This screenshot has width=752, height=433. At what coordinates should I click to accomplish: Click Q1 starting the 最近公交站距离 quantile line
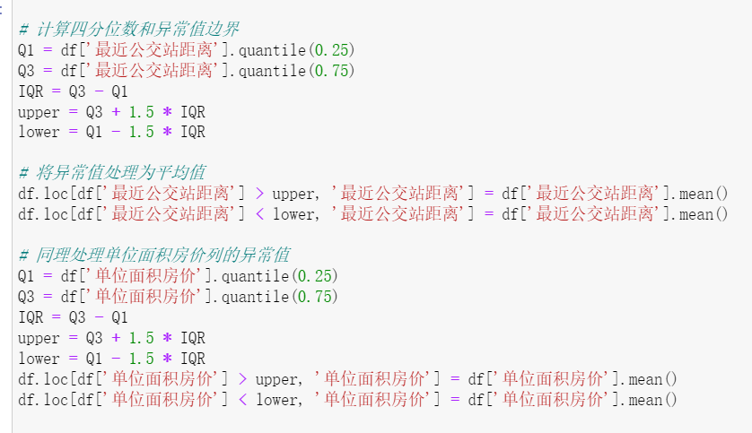point(26,49)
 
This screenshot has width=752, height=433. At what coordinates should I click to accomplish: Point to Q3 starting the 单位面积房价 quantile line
point(26,296)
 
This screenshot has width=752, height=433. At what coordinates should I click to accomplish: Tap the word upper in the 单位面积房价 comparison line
point(278,379)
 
